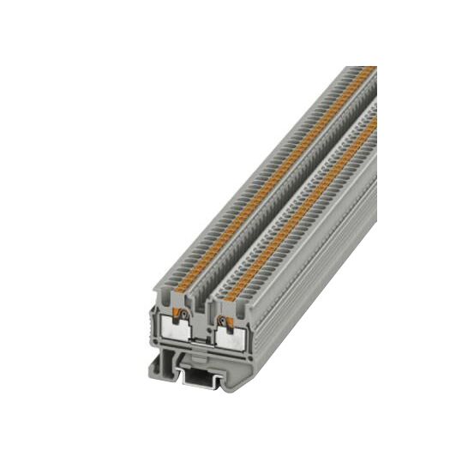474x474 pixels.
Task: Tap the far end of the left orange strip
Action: click(x=370, y=69)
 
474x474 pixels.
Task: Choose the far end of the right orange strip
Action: click(x=375, y=121)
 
